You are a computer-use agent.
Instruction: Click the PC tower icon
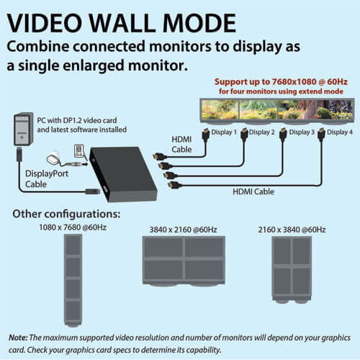pyautogui.click(x=23, y=129)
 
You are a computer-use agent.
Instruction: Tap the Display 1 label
pyautogui.click(x=224, y=132)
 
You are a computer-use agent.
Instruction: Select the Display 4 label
pyautogui.click(x=340, y=132)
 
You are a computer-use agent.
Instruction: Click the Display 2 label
pyautogui.click(x=261, y=132)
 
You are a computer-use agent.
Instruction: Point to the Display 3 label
pyautogui.click(x=302, y=132)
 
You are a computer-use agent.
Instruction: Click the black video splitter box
pyautogui.click(x=123, y=174)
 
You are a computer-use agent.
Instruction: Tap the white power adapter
pyautogui.click(x=53, y=159)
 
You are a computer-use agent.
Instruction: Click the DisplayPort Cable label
pyautogui.click(x=47, y=179)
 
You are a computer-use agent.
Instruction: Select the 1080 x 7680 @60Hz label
pyautogui.click(x=73, y=228)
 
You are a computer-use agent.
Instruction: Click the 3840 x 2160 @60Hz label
pyautogui.click(x=183, y=230)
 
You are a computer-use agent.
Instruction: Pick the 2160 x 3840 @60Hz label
pyautogui.click(x=292, y=230)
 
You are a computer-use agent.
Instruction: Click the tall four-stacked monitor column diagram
pyautogui.click(x=73, y=280)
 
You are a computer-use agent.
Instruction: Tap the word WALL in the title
pyautogui.click(x=122, y=23)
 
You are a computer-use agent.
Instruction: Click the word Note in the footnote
pyautogui.click(x=18, y=338)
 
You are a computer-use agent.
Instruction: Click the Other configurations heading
pyautogui.click(x=66, y=214)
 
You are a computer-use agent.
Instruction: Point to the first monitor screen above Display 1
pyautogui.click(x=220, y=109)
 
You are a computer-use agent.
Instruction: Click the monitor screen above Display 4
pyautogui.click(x=335, y=109)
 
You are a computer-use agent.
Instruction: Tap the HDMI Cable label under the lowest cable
pyautogui.click(x=253, y=192)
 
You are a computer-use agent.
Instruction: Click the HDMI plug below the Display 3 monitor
pyautogui.click(x=284, y=135)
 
